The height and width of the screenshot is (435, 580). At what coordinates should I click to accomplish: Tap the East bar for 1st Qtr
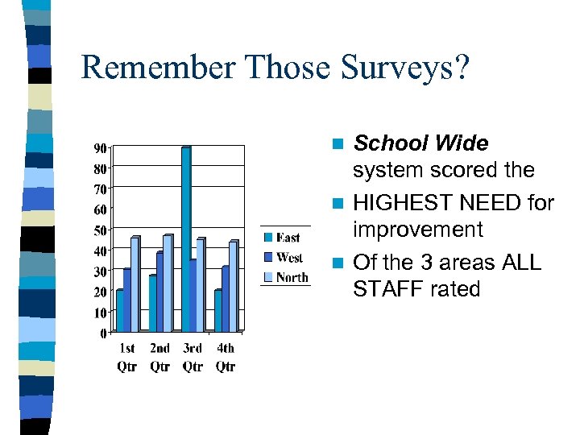(x=120, y=311)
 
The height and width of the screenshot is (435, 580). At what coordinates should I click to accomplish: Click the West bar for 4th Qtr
(x=226, y=299)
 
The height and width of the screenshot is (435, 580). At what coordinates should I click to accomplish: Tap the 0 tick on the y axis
(x=105, y=333)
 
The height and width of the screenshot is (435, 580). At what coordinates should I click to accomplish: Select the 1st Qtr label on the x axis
(x=127, y=358)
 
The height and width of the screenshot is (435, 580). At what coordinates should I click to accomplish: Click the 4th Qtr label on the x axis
(x=226, y=358)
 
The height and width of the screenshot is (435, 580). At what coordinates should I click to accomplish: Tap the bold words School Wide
(x=420, y=143)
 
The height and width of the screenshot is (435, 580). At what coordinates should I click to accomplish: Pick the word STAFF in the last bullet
(x=383, y=288)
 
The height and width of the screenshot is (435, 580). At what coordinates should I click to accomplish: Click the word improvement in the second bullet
(x=417, y=230)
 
